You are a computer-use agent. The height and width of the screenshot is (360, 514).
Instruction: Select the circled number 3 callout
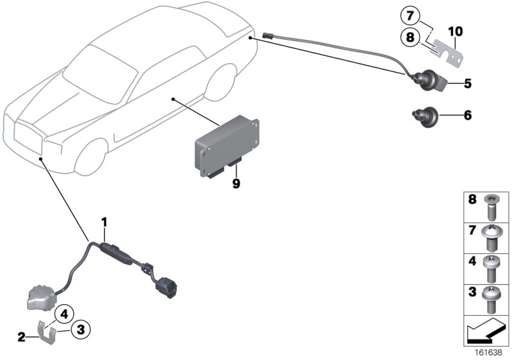80,330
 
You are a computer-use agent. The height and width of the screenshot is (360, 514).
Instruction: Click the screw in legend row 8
492,206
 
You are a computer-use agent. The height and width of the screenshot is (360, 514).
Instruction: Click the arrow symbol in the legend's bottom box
484,334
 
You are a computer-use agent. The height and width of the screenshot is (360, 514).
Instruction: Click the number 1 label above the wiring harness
103,222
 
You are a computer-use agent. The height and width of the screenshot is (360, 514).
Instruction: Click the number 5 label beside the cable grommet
467,83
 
